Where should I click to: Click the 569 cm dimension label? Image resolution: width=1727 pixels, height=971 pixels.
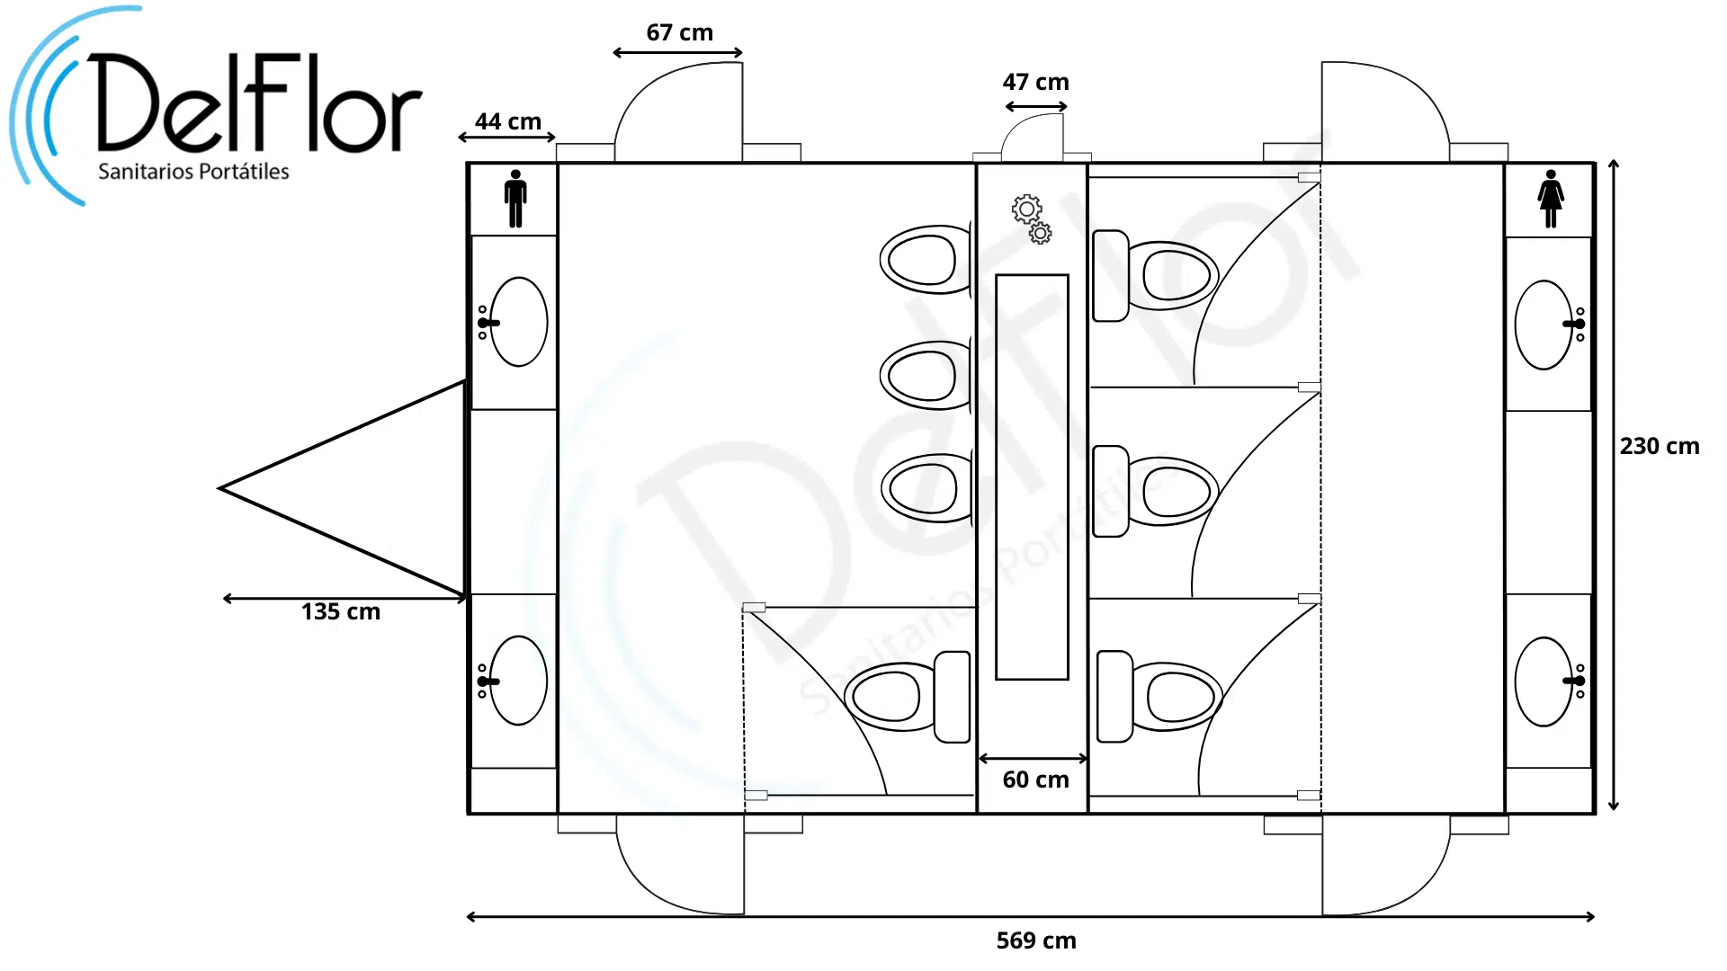point(1035,940)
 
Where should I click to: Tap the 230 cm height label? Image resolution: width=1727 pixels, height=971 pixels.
point(1660,446)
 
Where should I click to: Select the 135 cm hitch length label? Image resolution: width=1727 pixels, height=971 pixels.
point(341,611)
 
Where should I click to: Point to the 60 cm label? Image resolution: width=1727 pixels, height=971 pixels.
point(1035,779)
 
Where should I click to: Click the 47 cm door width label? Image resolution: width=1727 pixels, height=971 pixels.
point(1035,82)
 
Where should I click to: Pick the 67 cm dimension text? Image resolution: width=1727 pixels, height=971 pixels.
point(679,32)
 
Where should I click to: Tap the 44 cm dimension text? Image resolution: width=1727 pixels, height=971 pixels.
point(508,121)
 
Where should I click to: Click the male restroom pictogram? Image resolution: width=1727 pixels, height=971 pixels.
point(515,199)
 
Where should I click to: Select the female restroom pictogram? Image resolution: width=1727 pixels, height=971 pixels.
point(1551,199)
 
